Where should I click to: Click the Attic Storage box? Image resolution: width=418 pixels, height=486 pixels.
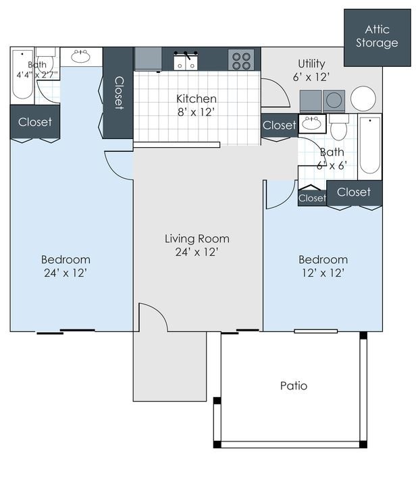[377, 37]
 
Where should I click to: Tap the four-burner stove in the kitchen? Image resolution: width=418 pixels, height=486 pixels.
[241, 59]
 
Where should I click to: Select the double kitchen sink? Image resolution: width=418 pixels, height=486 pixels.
[186, 61]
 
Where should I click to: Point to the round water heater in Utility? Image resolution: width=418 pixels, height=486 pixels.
[363, 99]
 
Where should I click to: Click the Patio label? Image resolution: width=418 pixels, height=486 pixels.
[294, 386]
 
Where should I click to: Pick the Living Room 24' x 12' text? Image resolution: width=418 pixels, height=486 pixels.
[197, 245]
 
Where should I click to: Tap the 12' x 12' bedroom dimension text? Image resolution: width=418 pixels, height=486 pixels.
[323, 273]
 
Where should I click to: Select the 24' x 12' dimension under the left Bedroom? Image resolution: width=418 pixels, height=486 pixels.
[65, 273]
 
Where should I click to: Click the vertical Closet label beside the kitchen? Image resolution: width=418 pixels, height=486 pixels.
[118, 92]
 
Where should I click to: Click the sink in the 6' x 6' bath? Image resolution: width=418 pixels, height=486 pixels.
[312, 124]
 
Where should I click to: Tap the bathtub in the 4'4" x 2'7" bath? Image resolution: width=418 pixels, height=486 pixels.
[22, 76]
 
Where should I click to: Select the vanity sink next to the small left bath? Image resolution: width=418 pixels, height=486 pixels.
[81, 56]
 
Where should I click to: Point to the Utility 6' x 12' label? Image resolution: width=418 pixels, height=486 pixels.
[312, 70]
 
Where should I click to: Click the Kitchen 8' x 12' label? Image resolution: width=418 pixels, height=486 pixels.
[197, 105]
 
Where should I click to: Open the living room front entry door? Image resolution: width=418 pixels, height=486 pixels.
[153, 317]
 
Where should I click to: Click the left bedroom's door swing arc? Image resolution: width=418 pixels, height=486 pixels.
[119, 165]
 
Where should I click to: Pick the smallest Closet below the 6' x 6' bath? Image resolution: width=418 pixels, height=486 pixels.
[312, 197]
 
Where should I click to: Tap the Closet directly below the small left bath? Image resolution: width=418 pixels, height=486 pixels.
[34, 122]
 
